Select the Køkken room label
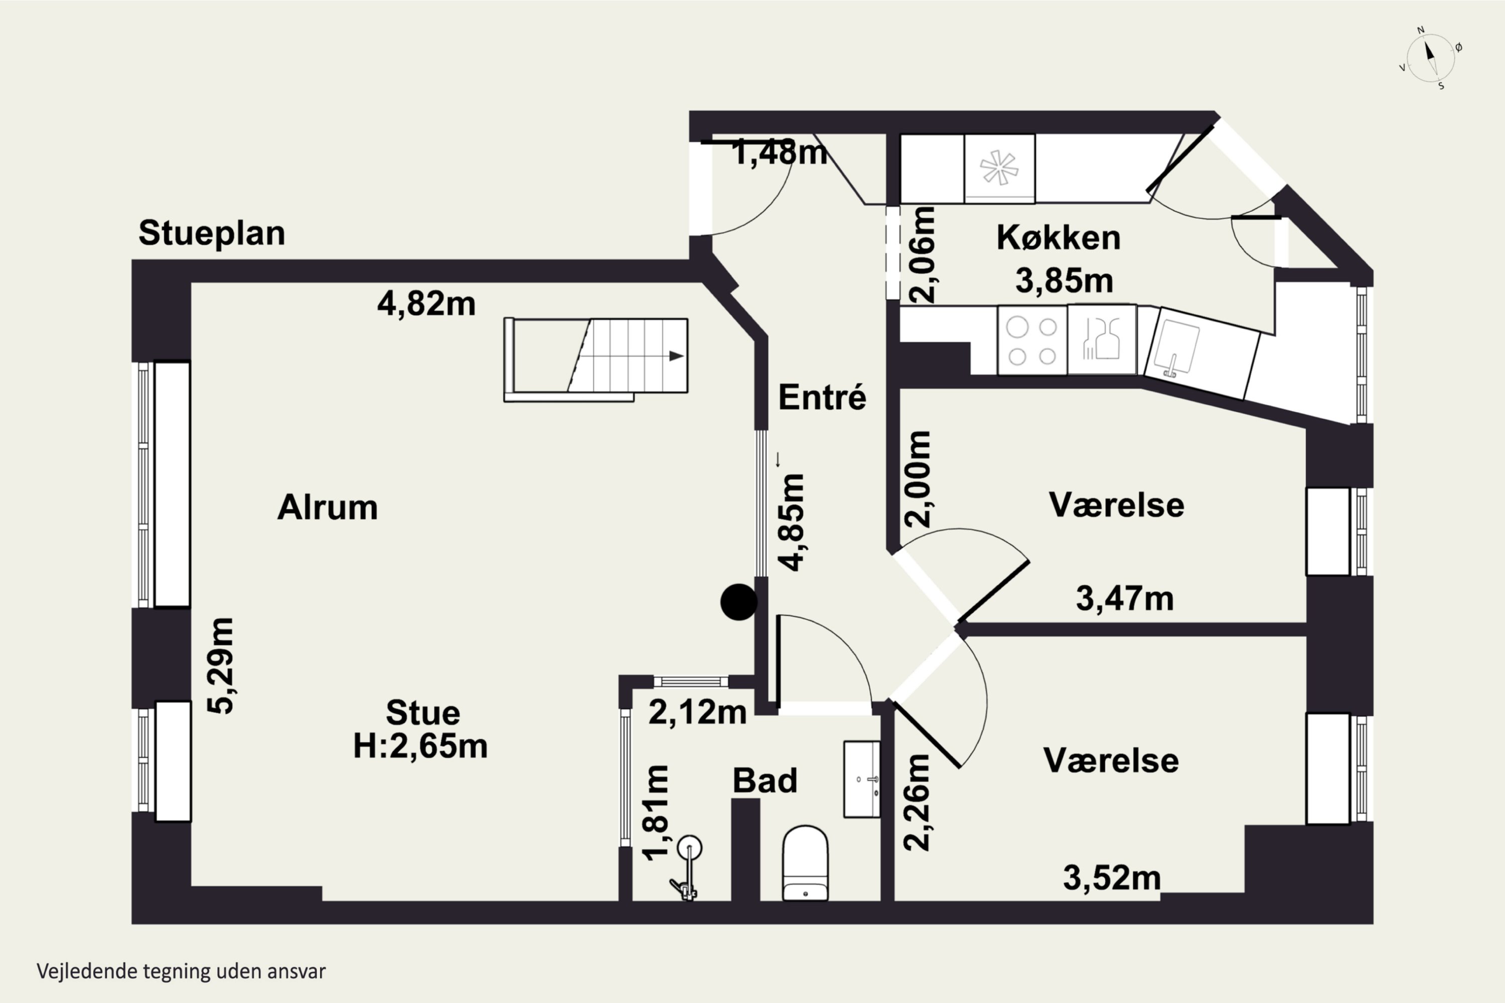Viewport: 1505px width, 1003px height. click(1059, 238)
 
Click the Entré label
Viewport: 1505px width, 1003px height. click(822, 397)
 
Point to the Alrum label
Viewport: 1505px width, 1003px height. click(328, 508)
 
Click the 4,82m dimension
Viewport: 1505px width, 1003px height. click(426, 304)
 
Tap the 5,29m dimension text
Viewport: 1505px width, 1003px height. click(220, 666)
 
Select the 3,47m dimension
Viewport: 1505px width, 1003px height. click(1125, 599)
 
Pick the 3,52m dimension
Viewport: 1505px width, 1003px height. click(1112, 878)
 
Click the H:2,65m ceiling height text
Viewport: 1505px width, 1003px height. click(420, 746)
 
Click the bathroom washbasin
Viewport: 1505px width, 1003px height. click(862, 779)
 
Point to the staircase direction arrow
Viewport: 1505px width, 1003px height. click(676, 356)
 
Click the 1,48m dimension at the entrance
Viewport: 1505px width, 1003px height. click(780, 153)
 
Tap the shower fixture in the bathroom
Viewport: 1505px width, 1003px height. click(687, 868)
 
